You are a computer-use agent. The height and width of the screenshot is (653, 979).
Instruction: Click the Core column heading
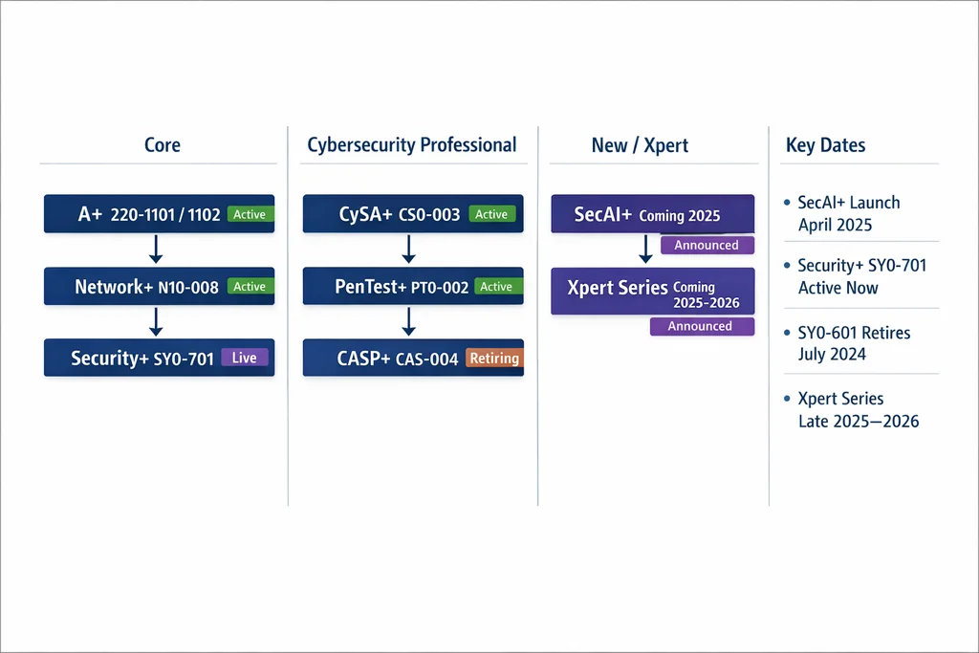(x=163, y=144)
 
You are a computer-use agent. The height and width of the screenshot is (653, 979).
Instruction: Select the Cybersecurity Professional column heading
(x=412, y=144)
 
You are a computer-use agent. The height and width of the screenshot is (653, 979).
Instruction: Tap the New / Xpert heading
(x=640, y=145)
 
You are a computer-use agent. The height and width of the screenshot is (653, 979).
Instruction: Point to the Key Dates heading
(x=825, y=145)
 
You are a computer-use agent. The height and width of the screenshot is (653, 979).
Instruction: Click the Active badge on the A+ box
(x=250, y=214)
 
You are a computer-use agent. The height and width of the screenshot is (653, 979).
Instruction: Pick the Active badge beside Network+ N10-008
(x=250, y=287)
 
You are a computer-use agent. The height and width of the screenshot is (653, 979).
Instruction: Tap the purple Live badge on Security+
(x=245, y=357)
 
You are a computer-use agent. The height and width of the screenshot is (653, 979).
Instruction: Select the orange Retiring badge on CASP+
(x=494, y=358)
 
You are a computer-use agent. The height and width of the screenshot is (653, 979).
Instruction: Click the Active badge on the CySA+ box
(x=492, y=214)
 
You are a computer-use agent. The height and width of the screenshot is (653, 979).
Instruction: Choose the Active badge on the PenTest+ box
(x=496, y=287)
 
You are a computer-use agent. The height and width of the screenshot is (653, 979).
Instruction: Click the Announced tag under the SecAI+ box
(x=707, y=245)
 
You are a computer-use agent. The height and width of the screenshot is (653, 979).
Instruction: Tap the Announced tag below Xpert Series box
(x=702, y=326)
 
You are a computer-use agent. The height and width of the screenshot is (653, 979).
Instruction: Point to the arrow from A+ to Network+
(x=156, y=250)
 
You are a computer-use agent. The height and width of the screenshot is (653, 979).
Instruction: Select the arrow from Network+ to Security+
(x=156, y=322)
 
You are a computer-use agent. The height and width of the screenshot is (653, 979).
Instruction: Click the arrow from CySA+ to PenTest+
(x=409, y=250)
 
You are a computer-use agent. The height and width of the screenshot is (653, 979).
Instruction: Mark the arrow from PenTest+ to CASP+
(x=409, y=322)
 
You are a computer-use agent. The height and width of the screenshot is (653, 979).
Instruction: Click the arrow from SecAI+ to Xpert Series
(x=645, y=250)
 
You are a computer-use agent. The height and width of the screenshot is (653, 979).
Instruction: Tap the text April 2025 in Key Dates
(x=835, y=225)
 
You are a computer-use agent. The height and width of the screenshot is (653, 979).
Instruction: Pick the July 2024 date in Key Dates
(x=832, y=354)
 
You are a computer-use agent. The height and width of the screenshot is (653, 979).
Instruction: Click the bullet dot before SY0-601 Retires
(x=788, y=332)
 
